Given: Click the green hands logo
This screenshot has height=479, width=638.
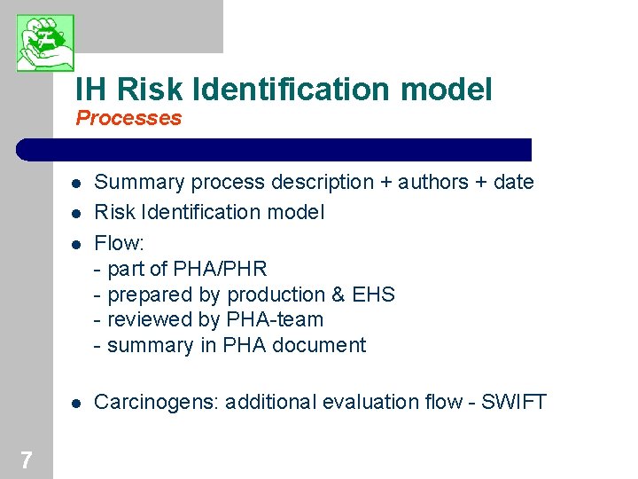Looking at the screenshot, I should point(45,43).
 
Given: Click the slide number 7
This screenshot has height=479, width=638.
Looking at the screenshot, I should point(27,459).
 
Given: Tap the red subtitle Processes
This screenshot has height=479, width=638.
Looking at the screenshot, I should point(128,118).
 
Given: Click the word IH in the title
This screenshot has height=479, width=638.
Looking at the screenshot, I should point(91,89).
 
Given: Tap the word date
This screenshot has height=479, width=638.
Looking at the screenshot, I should point(513,183).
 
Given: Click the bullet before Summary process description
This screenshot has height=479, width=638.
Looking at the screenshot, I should point(77,185).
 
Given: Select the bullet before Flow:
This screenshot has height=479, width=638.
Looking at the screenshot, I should point(77,243).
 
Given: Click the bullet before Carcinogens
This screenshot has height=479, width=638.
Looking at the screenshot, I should point(77,404).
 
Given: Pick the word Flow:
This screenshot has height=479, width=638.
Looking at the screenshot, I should point(116,241).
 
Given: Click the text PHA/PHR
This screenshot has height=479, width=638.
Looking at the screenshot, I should point(222,269).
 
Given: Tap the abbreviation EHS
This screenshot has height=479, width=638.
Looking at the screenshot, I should point(373,294).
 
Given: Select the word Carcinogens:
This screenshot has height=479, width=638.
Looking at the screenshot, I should point(156,403).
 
